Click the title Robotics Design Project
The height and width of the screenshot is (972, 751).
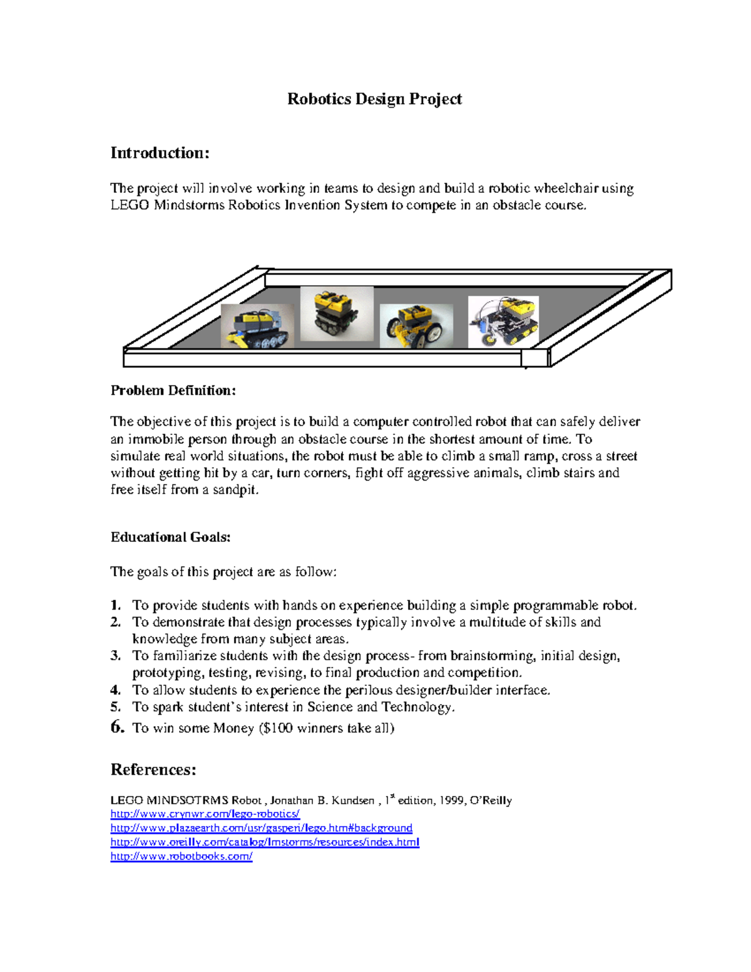tap(374, 99)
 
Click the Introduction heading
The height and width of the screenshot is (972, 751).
tap(160, 153)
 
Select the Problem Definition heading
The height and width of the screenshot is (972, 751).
tap(173, 391)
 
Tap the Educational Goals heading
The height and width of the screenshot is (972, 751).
tap(170, 537)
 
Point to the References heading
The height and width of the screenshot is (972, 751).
tap(153, 770)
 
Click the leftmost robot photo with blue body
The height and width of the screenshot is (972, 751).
tap(257, 326)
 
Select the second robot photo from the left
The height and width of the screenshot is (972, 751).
tap(337, 314)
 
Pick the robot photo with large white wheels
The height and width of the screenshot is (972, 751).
tap(416, 326)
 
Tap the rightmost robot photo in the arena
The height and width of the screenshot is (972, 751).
tap(503, 322)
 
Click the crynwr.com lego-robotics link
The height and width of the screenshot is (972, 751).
tap(205, 814)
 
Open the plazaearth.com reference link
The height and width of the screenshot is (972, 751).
tap(261, 828)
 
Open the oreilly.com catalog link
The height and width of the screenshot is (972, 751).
tap(264, 842)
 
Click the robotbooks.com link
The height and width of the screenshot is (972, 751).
tap(181, 856)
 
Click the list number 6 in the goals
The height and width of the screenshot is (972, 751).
tap(117, 727)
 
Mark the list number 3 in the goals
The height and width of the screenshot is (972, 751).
tap(115, 656)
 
